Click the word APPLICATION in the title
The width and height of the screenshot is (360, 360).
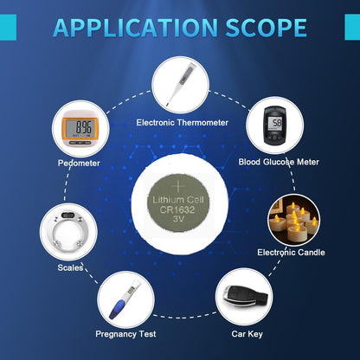pyautogui.click(x=135, y=28)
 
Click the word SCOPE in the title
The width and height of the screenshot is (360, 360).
pyautogui.click(x=266, y=28)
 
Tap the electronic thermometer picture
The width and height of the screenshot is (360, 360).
pyautogui.click(x=180, y=84)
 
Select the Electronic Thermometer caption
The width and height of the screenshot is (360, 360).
pyautogui.click(x=183, y=123)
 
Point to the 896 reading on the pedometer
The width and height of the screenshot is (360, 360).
pyautogui.click(x=84, y=127)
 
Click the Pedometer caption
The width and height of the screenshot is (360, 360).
pyautogui.click(x=79, y=163)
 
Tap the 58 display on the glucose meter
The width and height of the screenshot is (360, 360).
pyautogui.click(x=277, y=123)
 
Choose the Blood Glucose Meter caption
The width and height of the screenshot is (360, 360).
pyautogui.click(x=279, y=162)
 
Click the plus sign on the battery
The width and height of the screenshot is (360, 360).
pyautogui.click(x=178, y=187)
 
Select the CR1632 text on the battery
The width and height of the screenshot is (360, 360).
pyautogui.click(x=177, y=209)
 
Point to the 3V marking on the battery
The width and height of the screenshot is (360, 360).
pyautogui.click(x=178, y=219)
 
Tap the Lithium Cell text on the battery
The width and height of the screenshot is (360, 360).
pyautogui.click(x=178, y=200)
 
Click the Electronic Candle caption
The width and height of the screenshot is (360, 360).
pyautogui.click(x=291, y=253)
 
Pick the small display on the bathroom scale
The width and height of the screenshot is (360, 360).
pyautogui.click(x=68, y=215)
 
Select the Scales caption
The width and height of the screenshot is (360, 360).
pyautogui.click(x=70, y=267)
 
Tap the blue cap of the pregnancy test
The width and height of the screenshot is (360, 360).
pyautogui.click(x=117, y=309)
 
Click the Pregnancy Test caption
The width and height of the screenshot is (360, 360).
pyautogui.click(x=125, y=334)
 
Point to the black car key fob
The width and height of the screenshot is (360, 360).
pyautogui.click(x=246, y=297)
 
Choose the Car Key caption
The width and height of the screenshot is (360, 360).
pyautogui.click(x=247, y=334)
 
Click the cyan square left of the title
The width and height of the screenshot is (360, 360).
pyautogui.click(x=8, y=27)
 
